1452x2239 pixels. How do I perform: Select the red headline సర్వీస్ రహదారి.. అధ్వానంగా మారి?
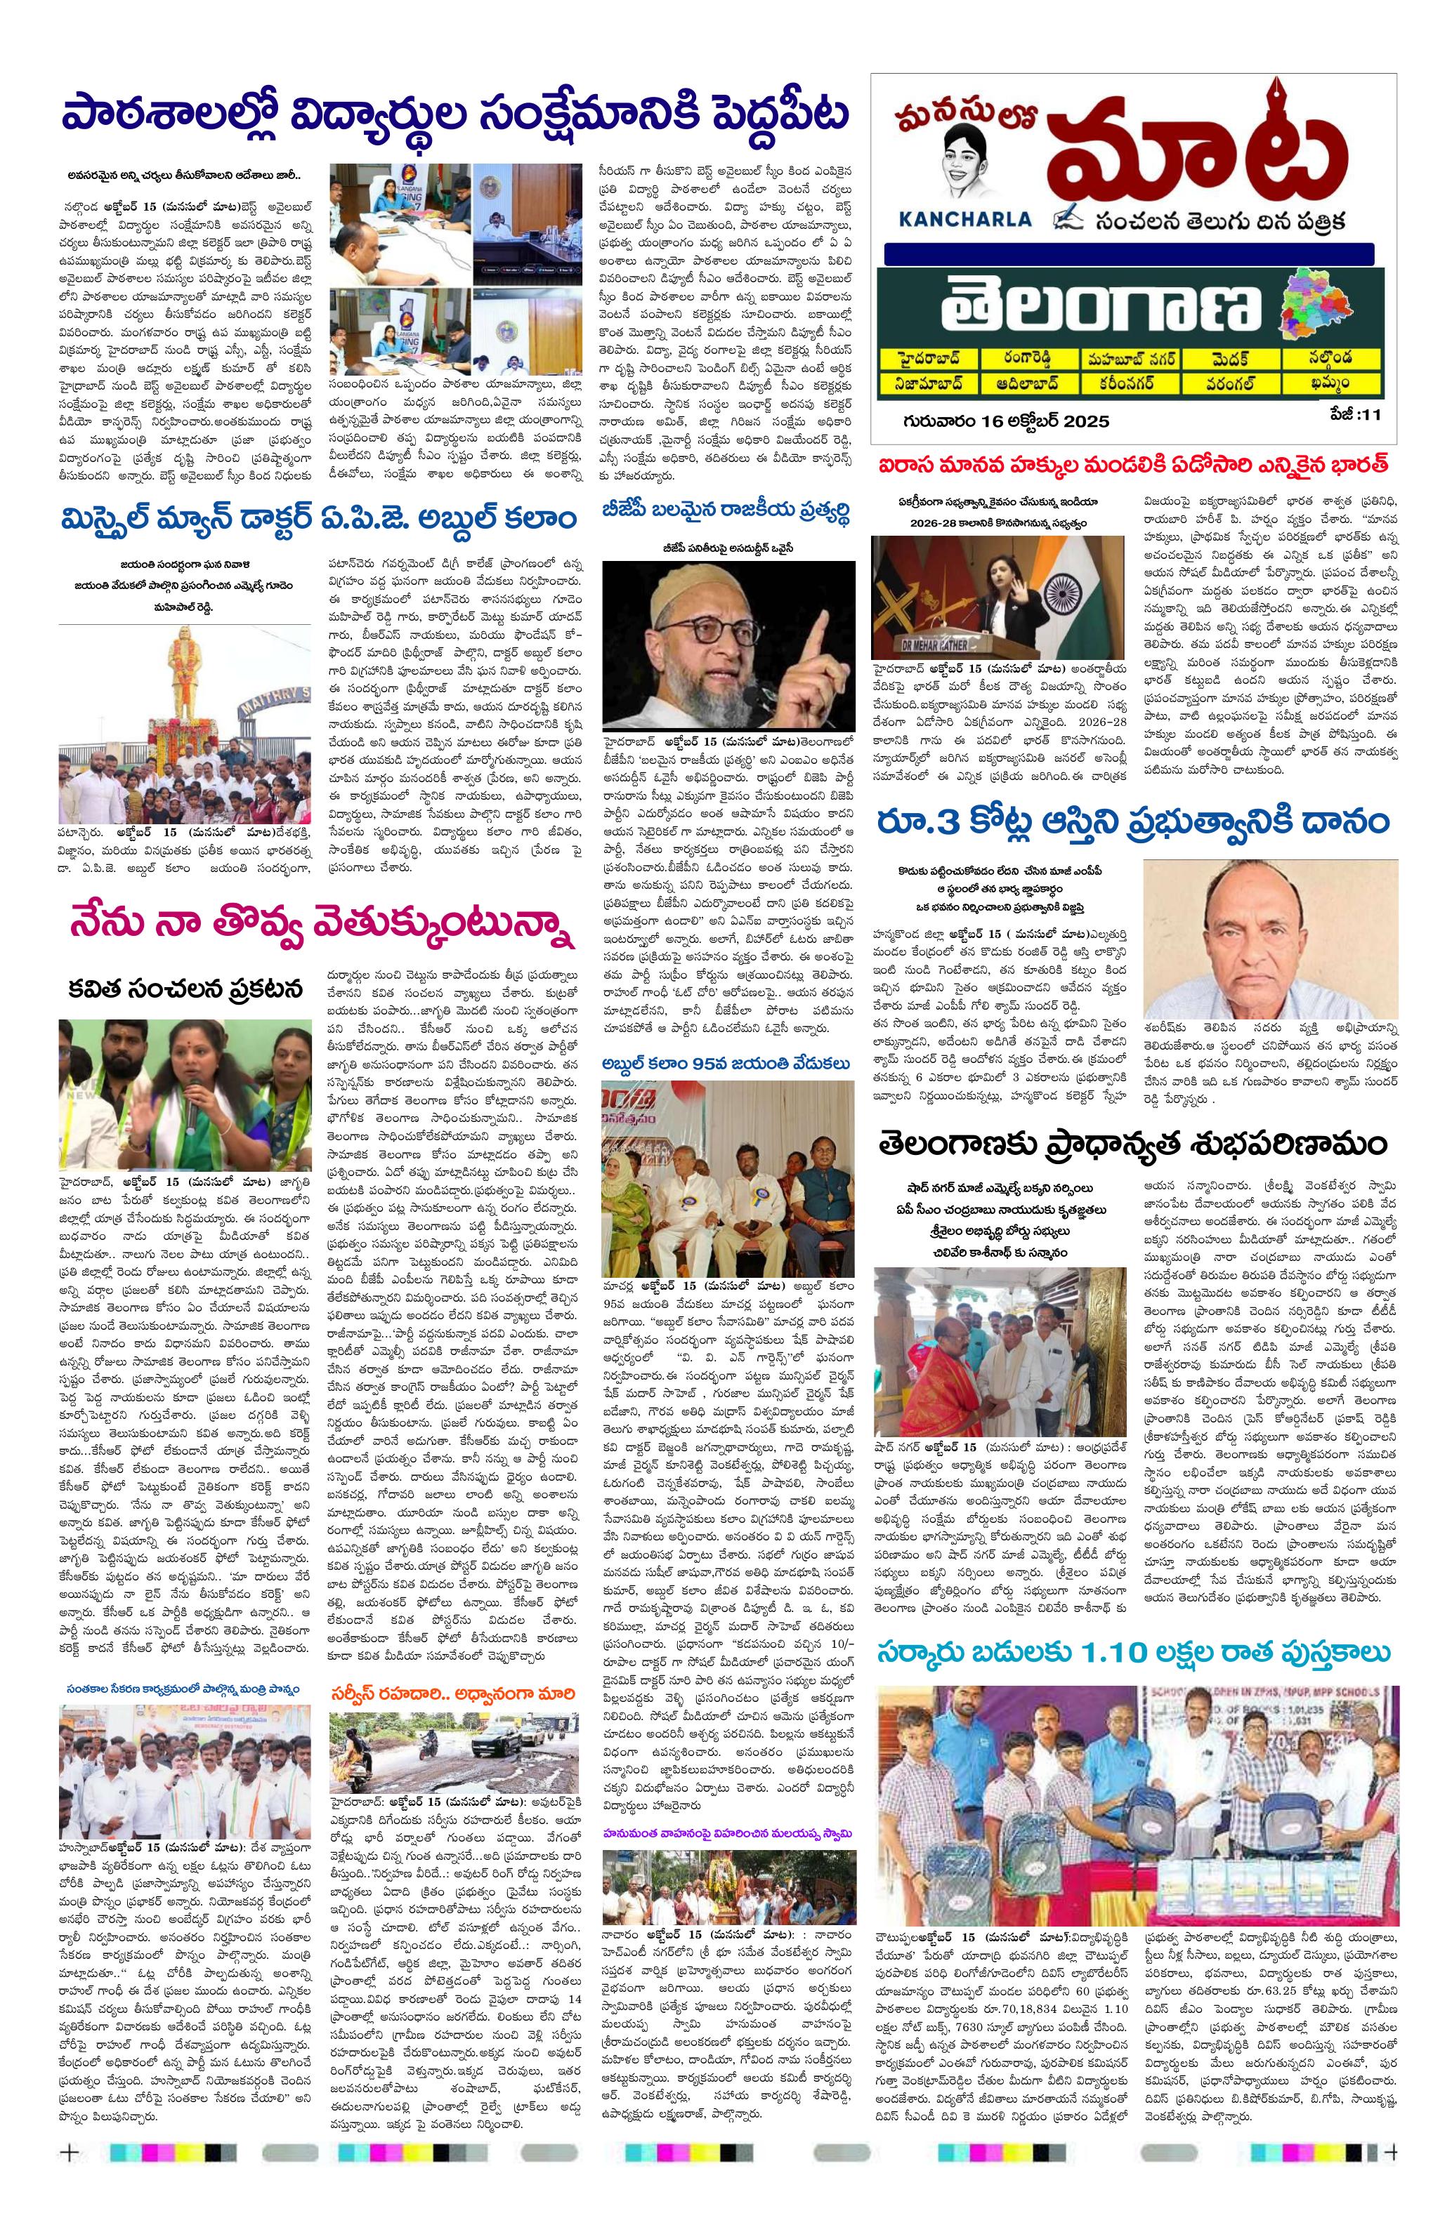[x=452, y=1693]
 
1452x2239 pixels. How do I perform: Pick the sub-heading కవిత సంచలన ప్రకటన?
[x=185, y=988]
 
